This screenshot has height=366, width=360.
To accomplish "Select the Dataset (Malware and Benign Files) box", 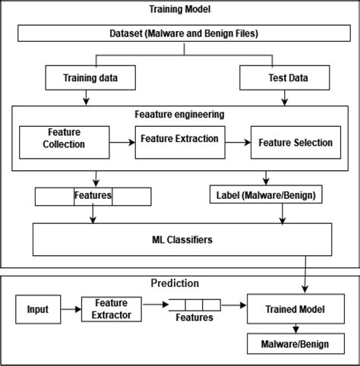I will tap(180, 33).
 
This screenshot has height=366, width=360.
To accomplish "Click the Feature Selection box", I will tap(295, 142).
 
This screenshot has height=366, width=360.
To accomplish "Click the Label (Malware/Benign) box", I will tap(264, 195).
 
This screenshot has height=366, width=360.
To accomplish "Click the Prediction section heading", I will tap(175, 282).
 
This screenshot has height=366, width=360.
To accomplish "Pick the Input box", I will tap(37, 309).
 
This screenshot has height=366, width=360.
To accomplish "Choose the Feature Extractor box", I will tap(107, 309).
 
